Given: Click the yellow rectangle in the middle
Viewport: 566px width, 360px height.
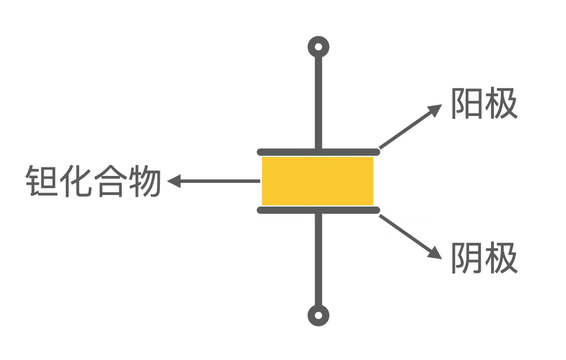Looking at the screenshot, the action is point(318,181).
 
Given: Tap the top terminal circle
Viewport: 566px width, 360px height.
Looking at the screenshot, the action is point(318,46).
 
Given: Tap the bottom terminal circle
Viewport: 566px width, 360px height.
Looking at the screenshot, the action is point(318,316).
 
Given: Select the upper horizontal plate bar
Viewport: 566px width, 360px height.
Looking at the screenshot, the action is point(318,152).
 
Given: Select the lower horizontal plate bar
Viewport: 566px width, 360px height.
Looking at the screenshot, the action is point(318,210).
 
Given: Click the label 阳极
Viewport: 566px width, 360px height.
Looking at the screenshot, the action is point(483,104).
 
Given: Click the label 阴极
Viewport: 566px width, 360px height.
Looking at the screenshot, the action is point(483,258).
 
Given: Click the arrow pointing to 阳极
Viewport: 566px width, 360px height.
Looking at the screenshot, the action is point(410,127).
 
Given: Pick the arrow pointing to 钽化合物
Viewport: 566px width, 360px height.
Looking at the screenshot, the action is point(213,182).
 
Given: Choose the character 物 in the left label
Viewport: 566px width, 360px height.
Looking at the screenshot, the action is point(144,181).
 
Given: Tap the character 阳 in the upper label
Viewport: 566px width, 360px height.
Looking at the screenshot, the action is point(467,104).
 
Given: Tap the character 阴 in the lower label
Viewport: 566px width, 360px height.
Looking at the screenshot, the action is point(467,258).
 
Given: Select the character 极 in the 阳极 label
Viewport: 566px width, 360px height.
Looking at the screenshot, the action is point(501,104).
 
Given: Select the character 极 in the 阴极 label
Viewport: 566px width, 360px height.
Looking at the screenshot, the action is point(501,258).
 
